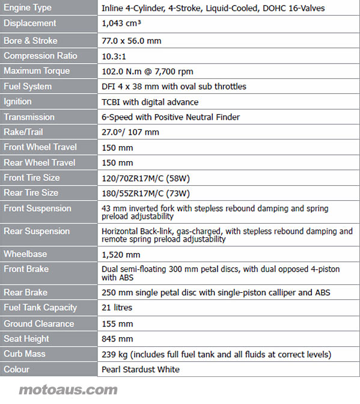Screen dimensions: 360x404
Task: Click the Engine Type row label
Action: pos(28,8)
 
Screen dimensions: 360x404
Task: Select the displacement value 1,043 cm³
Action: pos(122,23)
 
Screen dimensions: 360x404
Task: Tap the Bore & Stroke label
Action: pos(31,41)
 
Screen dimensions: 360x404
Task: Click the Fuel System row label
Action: pos(28,87)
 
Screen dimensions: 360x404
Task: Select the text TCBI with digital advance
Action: pos(150,102)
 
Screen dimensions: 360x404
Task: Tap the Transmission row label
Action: pos(29,117)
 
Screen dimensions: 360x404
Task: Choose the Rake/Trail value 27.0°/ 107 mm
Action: pos(130,132)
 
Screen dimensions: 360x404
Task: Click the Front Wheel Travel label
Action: pos(40,147)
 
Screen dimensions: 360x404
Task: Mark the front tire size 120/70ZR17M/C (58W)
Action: pos(146,178)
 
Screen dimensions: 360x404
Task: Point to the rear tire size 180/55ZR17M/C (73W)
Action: pos(146,194)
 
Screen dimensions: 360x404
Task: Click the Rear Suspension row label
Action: pos(37,231)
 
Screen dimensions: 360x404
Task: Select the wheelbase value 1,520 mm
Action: pos(121,254)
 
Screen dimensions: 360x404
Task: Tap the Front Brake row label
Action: pos(26,269)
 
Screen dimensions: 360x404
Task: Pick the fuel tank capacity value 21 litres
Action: pos(117,308)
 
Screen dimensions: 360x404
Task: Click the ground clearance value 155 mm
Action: pos(117,323)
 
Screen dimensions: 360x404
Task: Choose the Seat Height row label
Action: pos(26,339)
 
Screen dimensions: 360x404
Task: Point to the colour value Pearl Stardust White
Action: pos(141,369)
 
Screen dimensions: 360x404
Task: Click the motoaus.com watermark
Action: pos(68,390)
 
